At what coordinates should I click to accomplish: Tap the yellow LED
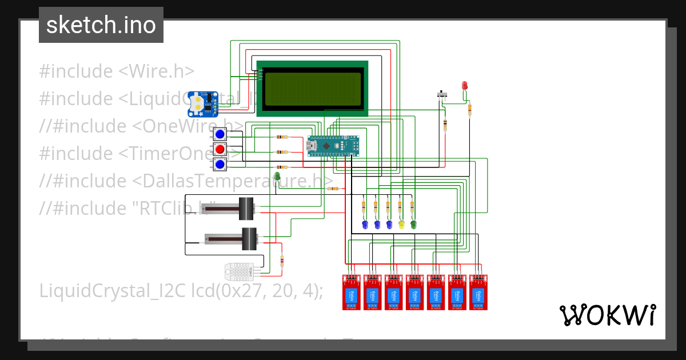pos(401,225)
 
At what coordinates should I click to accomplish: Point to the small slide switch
pos(441,94)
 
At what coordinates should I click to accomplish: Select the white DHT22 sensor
pos(241,270)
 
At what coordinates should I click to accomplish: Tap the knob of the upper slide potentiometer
pos(246,208)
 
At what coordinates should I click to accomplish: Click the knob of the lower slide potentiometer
pos(249,239)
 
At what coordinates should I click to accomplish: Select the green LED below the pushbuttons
pos(277,177)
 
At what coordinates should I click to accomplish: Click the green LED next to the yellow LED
pos(413,225)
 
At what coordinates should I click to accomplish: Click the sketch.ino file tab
pos(101,25)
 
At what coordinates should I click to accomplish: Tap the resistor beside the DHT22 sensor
pos(281,261)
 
